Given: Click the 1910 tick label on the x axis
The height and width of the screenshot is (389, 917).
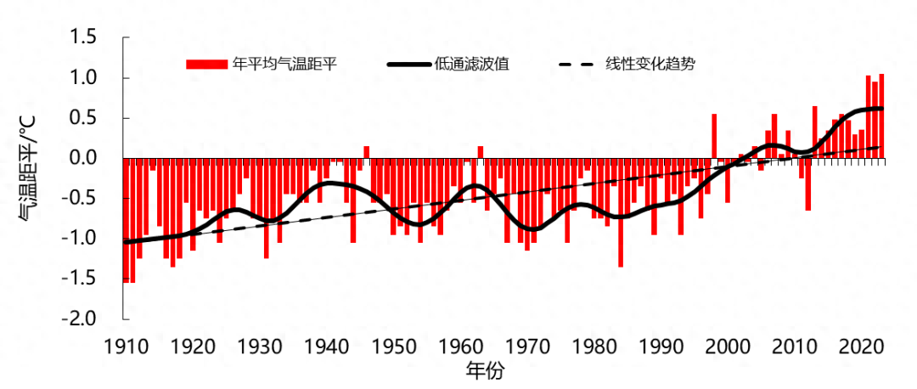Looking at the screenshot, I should (124, 347).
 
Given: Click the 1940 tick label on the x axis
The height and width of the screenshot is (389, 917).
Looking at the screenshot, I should (327, 347).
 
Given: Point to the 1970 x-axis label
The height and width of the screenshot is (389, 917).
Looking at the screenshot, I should (528, 347).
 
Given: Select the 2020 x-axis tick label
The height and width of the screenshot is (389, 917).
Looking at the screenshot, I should (863, 347).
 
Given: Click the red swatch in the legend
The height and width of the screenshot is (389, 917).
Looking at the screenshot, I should (206, 65).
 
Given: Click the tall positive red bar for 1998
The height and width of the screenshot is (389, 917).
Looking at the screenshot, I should (714, 136).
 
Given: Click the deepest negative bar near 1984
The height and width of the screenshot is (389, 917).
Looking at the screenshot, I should (621, 212).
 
